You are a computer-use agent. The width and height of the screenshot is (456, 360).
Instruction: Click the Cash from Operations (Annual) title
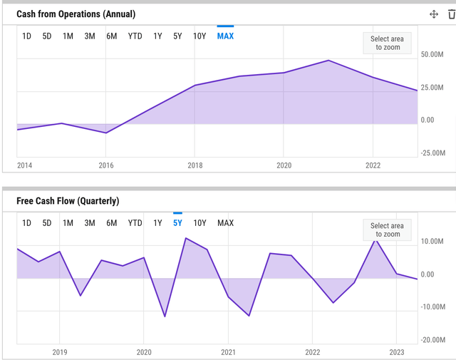76,14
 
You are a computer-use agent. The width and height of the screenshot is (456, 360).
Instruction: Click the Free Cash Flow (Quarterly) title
68,201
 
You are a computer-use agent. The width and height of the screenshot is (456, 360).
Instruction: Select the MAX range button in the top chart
225,36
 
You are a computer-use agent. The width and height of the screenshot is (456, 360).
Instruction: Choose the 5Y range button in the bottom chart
177,223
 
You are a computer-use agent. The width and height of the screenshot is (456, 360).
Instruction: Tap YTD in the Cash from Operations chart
135,36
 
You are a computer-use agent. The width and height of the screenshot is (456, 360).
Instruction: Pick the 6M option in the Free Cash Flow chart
112,223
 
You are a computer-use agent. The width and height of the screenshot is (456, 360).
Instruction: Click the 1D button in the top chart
26,36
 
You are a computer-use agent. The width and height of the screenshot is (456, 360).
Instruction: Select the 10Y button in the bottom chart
200,223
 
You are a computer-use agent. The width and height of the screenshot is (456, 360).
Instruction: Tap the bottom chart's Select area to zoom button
387,230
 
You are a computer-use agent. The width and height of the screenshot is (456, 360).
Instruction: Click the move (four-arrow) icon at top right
433,14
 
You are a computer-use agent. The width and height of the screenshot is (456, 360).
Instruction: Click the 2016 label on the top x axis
106,165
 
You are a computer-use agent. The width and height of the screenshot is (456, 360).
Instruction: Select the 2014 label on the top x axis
25,165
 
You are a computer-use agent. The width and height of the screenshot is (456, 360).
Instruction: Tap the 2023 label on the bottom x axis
397,352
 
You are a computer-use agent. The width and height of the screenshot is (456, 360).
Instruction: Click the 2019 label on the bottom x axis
59,352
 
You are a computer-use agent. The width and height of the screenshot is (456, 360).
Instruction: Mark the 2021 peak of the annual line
328,61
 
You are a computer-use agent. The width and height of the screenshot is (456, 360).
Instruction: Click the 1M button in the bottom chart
68,223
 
